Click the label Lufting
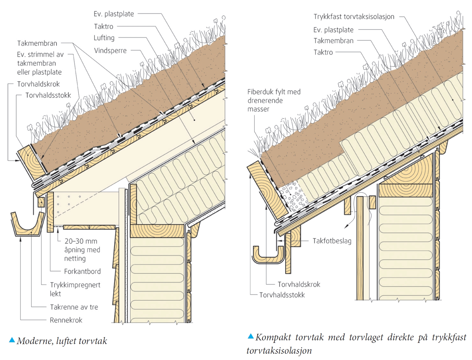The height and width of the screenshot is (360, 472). tap(104, 38)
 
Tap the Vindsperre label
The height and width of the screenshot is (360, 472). tap(110, 50)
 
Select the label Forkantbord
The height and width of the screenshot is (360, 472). tap(82, 271)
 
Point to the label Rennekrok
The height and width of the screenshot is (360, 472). tap(66, 320)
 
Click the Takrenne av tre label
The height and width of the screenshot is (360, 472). tap(74, 307)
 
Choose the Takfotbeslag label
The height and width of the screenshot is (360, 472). tap(332, 241)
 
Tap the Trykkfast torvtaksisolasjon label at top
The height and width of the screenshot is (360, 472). tap(354, 17)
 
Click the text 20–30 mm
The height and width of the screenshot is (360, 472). tap(81, 241)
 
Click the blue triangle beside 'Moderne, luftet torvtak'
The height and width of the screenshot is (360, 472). tap(12, 340)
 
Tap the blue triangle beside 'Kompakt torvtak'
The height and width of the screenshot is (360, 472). tap(251, 336)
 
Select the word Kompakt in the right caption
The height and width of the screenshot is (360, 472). tap(273, 337)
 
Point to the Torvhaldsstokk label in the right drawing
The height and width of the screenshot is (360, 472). tap(282, 295)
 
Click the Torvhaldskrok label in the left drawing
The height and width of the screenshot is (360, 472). tap(38, 84)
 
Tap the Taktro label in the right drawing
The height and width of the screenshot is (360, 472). tap(323, 52)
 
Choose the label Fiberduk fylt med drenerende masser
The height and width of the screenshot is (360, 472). tap(274, 100)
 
